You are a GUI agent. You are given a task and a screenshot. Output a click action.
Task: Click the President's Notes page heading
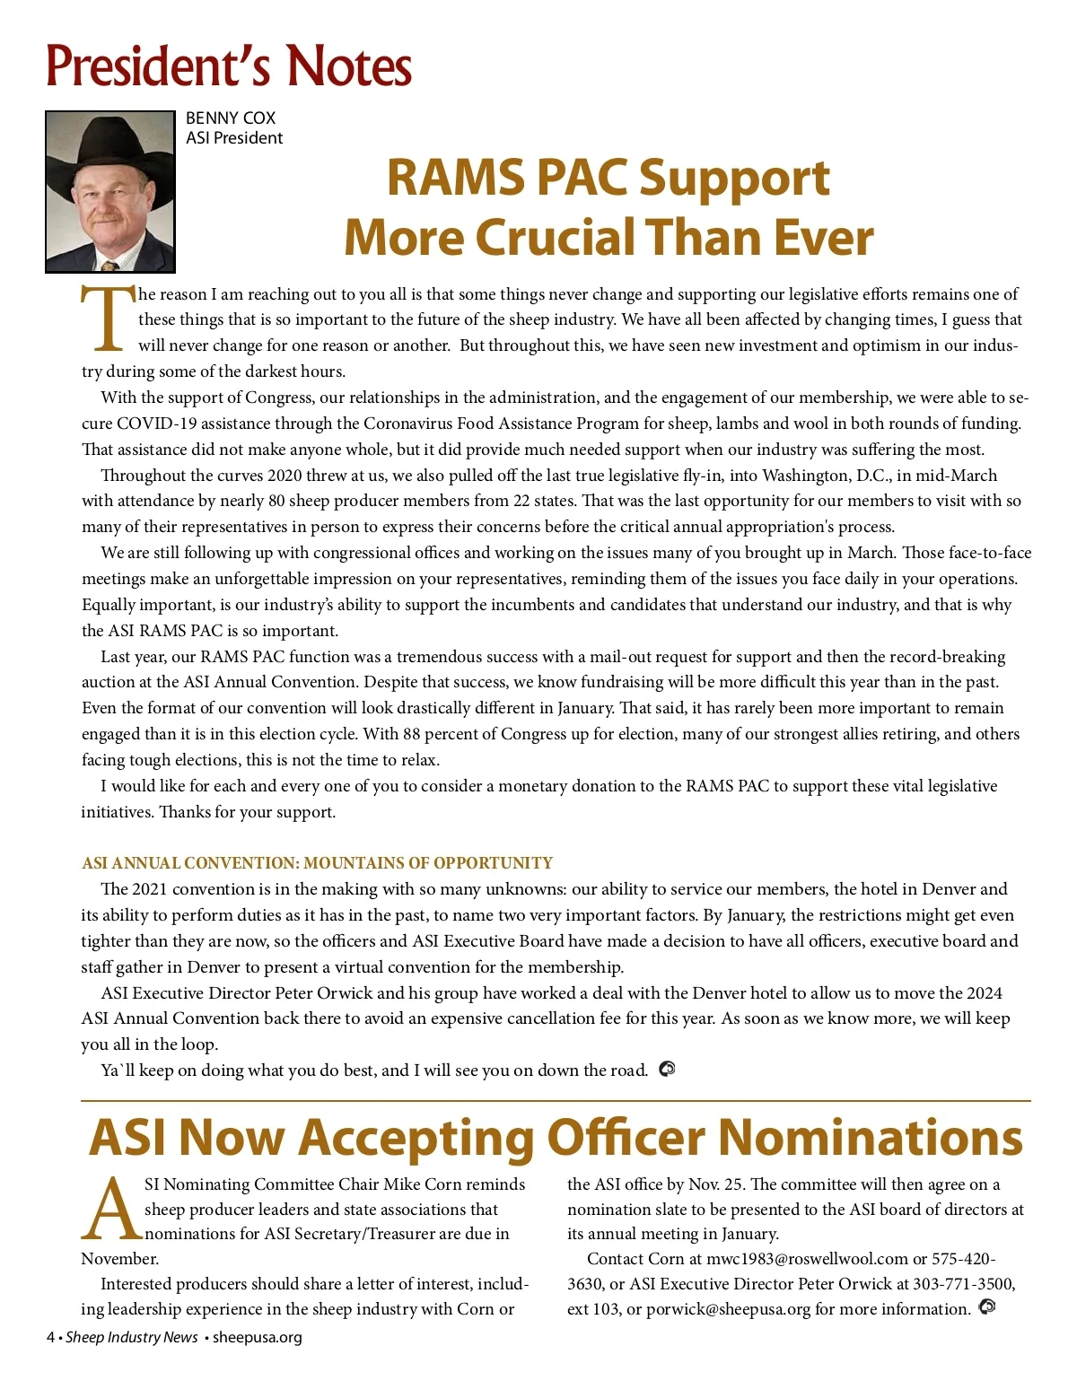[x=229, y=66]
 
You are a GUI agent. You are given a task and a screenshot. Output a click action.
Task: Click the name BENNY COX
[x=231, y=118]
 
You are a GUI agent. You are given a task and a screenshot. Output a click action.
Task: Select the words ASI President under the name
[x=234, y=138]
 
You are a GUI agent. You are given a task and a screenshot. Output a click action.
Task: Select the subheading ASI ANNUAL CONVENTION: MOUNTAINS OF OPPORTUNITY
[x=317, y=863]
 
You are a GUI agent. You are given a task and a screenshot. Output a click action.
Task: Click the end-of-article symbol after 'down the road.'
[x=667, y=1070]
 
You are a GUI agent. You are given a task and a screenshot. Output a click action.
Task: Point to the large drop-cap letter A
[x=111, y=1209]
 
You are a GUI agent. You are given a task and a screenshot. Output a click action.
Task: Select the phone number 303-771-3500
[x=963, y=1284]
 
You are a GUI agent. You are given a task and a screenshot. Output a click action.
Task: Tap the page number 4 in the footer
[x=51, y=1338]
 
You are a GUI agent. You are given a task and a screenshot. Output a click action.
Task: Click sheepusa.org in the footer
[x=258, y=1338]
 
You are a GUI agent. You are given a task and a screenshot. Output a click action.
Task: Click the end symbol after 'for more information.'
[x=987, y=1307]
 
